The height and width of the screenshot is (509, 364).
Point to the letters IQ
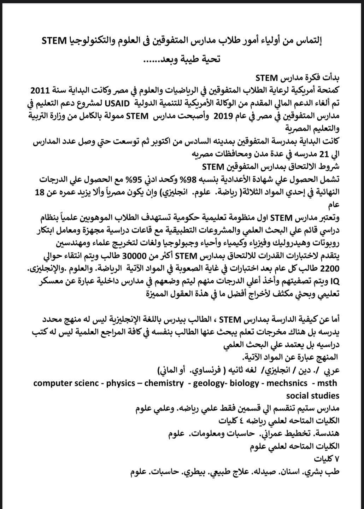coord(323,281)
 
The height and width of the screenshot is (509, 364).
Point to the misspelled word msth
coord(327,383)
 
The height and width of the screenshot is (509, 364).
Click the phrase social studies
coord(313,396)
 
